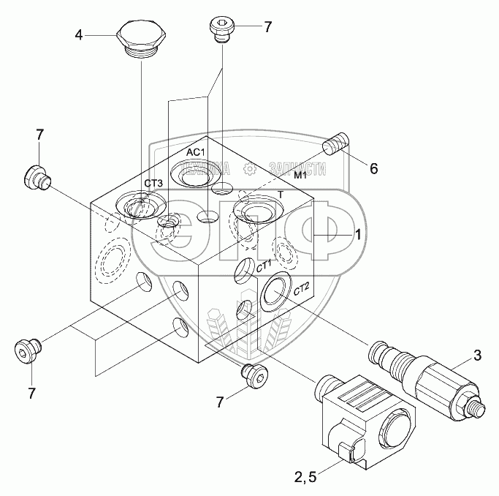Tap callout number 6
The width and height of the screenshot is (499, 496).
[373, 168]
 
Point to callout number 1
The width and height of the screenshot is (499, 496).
[359, 233]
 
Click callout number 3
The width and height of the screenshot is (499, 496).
[477, 356]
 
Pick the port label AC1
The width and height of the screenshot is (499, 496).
[195, 151]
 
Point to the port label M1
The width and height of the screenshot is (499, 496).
[300, 177]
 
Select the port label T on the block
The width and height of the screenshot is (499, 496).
[281, 195]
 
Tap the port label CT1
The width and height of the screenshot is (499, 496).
[264, 265]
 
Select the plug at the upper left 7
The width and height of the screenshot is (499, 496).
[36, 176]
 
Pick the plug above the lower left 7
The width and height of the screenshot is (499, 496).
[26, 350]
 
